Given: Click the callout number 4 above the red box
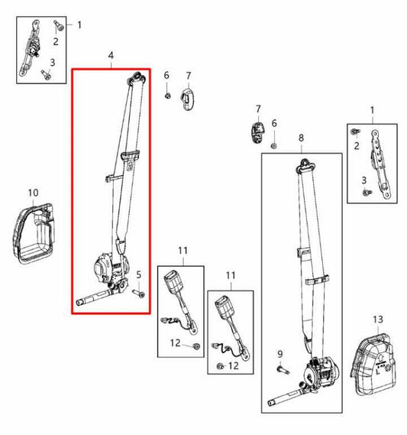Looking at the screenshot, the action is coord(111,56).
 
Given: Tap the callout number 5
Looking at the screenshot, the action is coord(139,275).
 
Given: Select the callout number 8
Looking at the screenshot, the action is coord(301,138).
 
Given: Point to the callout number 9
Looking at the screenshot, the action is coord(280,354).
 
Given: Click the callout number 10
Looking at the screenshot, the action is coord(34,193).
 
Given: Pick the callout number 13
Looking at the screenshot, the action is coord(378,320).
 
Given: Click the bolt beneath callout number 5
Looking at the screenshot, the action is coord(138,293).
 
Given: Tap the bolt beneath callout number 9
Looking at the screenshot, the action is coord(283,370).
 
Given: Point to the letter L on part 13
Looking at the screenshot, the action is coord(378,371).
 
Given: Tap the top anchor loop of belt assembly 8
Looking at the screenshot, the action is coord(305,165).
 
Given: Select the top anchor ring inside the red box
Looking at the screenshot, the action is coord(136,78).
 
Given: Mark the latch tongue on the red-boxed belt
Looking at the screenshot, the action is coord(131,159).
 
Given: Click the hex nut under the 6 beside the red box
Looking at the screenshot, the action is coord(167,96).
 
